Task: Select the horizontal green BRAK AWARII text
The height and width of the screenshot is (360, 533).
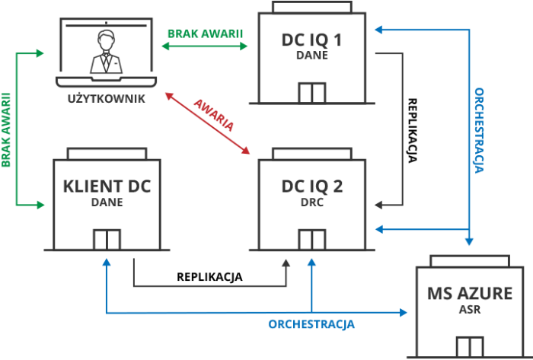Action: click(205, 33)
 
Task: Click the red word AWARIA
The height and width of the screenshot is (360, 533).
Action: click(215, 112)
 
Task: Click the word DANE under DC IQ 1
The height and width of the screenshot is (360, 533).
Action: click(311, 56)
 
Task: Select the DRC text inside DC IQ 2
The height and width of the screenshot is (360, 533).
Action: click(312, 202)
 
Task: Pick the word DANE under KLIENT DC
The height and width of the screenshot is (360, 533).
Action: click(107, 202)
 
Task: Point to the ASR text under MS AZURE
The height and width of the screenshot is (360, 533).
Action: click(470, 310)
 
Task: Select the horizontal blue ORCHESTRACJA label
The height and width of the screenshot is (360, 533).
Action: click(311, 324)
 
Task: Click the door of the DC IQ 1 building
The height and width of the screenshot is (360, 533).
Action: click(311, 93)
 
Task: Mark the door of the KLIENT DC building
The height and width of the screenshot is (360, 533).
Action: click(107, 239)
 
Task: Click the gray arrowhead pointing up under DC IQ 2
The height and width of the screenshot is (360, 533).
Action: click(287, 263)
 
